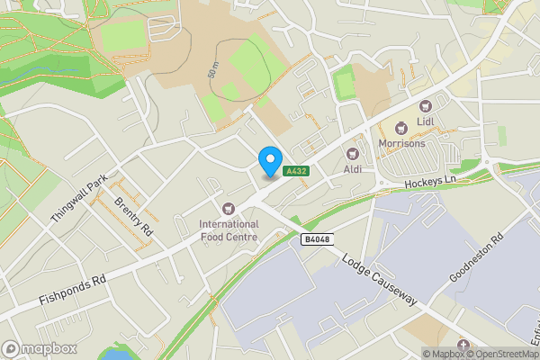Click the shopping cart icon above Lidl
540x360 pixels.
click(x=426, y=106)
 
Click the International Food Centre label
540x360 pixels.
click(x=229, y=230)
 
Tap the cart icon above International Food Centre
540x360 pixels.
click(x=229, y=209)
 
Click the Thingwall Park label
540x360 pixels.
click(x=79, y=198)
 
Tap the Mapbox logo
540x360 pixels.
click(x=40, y=348)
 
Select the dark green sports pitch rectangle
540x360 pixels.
click(x=342, y=85)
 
